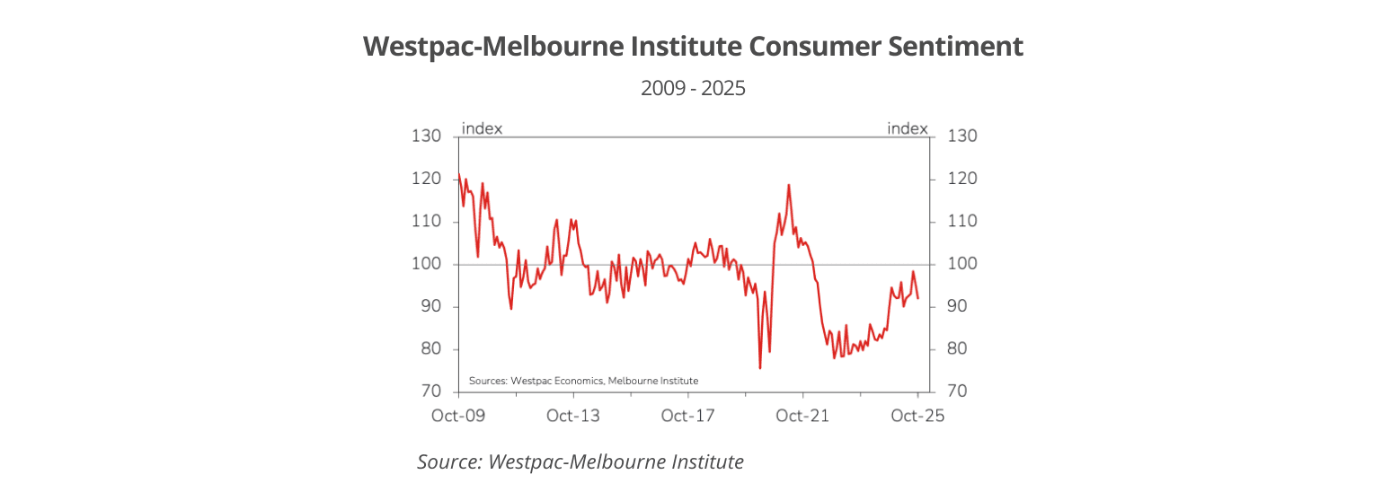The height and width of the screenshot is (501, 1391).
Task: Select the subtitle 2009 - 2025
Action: (693, 89)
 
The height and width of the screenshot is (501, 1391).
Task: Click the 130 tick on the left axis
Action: (427, 136)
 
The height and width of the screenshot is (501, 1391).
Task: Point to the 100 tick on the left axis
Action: (427, 265)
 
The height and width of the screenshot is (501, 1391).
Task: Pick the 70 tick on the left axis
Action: (430, 392)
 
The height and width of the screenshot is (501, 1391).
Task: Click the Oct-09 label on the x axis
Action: (458, 417)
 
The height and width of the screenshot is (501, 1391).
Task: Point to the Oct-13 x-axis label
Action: (573, 417)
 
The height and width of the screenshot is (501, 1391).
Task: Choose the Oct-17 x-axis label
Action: (687, 417)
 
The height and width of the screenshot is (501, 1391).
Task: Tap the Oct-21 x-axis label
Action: (802, 417)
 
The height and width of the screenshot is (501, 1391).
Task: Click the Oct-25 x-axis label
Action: (917, 417)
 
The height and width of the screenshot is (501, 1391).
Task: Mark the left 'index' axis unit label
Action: (482, 128)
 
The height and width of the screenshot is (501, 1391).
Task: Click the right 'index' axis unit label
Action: (907, 128)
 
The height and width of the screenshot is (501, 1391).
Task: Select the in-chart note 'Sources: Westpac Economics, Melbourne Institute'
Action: (583, 381)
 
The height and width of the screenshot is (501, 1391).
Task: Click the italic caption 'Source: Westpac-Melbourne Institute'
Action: (580, 461)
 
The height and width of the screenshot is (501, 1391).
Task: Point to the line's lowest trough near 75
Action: (760, 368)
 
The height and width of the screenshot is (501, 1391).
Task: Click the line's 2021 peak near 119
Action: (789, 185)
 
